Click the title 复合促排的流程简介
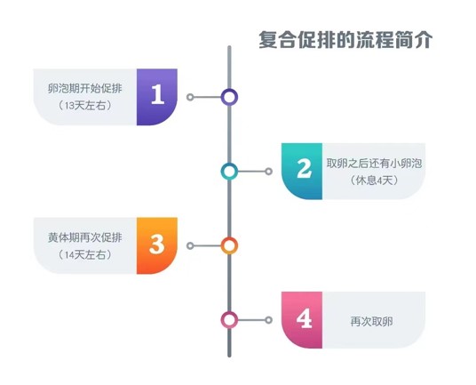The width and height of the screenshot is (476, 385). point(345,40)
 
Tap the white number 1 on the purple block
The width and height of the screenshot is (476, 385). point(157,94)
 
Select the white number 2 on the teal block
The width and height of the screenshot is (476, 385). point(304,168)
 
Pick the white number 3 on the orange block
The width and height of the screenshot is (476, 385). point(156,244)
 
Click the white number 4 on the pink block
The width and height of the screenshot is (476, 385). point(304,318)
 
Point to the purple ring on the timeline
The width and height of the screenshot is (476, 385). point(229,91)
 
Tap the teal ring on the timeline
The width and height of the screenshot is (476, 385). point(229,164)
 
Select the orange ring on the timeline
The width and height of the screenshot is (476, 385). point(229,239)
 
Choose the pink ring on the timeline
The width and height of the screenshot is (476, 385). point(229,313)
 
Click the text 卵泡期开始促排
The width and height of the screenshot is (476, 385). point(84,88)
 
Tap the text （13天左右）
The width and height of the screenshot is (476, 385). point(84,106)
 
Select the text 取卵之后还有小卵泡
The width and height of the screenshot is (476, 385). point(374,164)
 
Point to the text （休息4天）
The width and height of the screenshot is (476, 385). point(374,180)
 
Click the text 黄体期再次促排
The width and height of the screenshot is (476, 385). point(84,237)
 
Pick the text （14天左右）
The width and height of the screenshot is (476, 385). point(84,254)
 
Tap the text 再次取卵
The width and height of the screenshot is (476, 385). point(371,321)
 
